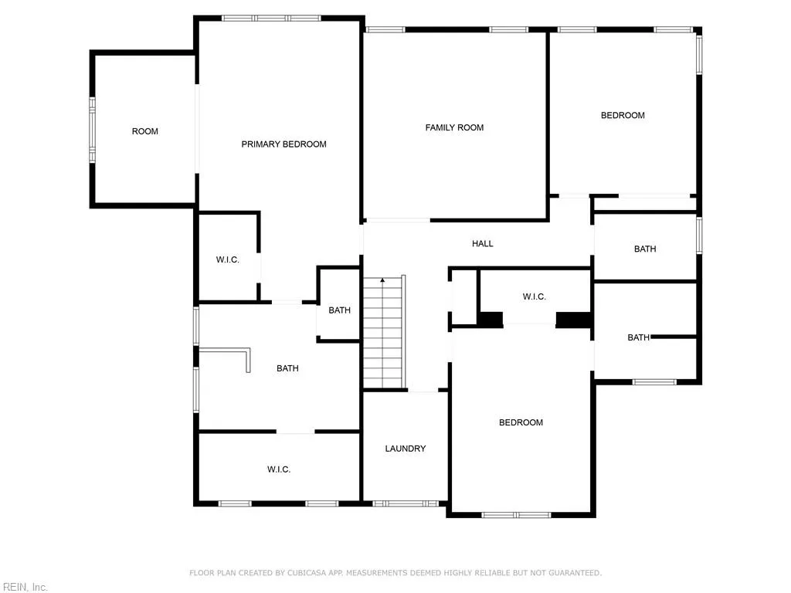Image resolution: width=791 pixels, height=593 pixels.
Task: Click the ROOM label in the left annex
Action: [144, 131]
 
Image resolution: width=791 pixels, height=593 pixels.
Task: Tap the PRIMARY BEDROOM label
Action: [283, 144]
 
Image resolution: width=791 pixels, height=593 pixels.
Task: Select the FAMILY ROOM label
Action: [454, 127]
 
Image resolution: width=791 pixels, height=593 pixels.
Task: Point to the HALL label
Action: [483, 244]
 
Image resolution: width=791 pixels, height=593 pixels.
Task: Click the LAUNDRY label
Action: [405, 449]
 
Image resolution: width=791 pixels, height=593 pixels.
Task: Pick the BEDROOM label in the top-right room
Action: [623, 116]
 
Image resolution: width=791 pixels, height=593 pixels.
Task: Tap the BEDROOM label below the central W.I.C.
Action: [521, 422]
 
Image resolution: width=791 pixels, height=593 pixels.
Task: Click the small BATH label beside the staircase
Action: [339, 310]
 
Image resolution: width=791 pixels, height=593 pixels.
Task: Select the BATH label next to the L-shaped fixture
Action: [287, 369]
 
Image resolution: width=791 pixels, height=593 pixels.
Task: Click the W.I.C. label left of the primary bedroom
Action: [227, 260]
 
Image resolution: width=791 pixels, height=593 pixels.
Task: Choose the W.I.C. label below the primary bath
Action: [279, 469]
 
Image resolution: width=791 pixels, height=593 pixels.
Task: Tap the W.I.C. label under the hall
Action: [534, 297]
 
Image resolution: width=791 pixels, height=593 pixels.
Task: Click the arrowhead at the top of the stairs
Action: [382, 280]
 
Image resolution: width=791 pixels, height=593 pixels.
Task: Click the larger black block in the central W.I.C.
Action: [573, 319]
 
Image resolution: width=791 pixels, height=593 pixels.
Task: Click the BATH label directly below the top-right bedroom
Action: [645, 249]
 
